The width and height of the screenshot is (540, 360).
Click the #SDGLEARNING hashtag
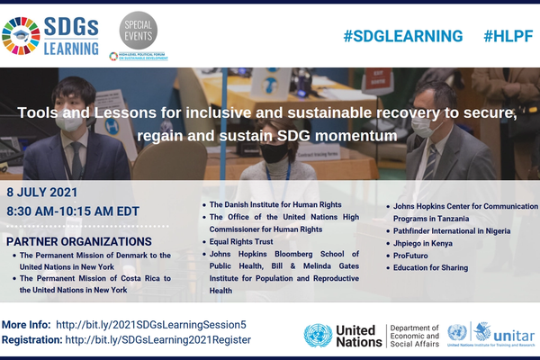(x=402, y=36)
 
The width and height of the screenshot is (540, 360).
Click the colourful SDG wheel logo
(x=21, y=35)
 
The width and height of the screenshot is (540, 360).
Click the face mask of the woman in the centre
(x=274, y=154)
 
